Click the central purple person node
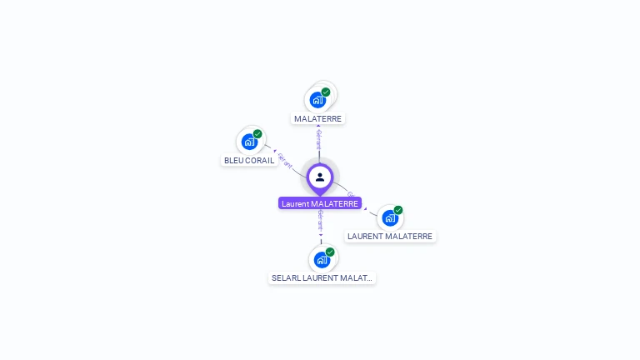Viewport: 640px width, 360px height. (x=320, y=177)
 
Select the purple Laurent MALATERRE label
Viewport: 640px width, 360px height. (x=320, y=203)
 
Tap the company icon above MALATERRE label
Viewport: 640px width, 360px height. (x=317, y=100)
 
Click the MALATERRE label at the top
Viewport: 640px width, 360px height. (x=318, y=118)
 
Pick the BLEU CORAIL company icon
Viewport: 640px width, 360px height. (x=249, y=142)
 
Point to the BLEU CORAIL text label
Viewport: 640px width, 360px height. (x=249, y=160)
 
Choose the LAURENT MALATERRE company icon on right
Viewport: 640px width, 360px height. (x=390, y=218)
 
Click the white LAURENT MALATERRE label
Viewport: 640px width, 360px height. (x=390, y=236)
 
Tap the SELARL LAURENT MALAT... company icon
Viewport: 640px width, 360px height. (x=322, y=259)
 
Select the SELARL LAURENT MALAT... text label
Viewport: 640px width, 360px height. (x=322, y=277)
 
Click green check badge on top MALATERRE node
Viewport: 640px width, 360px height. (x=326, y=92)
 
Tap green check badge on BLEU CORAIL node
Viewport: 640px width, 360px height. (x=257, y=133)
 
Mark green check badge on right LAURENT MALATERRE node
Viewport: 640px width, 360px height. (x=398, y=210)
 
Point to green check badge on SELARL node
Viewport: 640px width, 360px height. (x=330, y=251)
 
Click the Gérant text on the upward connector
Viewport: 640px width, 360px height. (x=319, y=140)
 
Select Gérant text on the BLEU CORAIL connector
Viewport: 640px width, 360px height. (x=284, y=160)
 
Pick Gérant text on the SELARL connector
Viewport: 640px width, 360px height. (x=321, y=222)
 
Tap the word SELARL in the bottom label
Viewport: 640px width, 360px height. (x=285, y=277)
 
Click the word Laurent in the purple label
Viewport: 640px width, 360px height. (x=296, y=203)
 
